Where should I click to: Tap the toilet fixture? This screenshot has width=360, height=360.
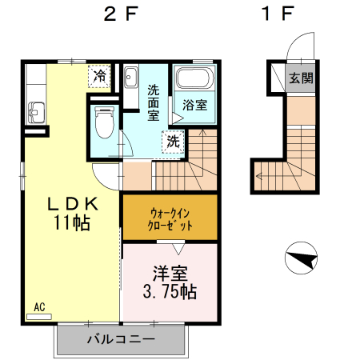[x=102, y=121]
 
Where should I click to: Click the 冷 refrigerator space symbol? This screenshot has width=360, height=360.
[x=99, y=76]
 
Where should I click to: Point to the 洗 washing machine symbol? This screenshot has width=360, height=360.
[x=173, y=142]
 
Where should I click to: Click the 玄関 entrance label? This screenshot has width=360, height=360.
[x=302, y=78]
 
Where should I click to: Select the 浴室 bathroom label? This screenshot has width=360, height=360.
[x=194, y=105]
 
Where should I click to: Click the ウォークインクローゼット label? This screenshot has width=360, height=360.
[x=169, y=218]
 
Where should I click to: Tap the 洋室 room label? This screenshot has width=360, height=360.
[x=170, y=271]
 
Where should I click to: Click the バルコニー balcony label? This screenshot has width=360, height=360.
[x=120, y=339]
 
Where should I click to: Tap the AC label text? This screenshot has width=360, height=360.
[x=39, y=306]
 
